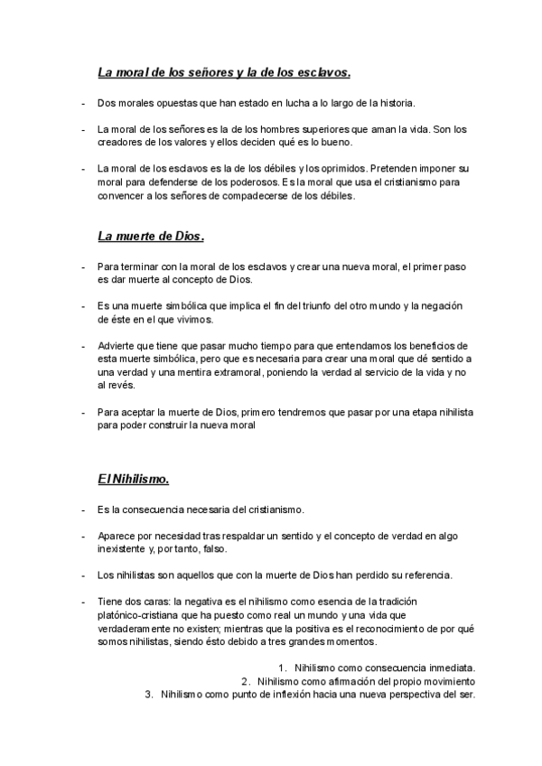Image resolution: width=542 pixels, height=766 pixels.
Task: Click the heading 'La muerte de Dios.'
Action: [x=151, y=237]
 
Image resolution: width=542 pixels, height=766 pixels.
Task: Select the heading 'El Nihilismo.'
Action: [x=134, y=478]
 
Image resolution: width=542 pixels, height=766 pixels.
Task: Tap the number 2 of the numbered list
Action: [x=245, y=681]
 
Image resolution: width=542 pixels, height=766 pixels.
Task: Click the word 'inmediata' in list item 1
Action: [x=445, y=668]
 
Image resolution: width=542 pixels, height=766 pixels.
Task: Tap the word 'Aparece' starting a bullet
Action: [x=117, y=537]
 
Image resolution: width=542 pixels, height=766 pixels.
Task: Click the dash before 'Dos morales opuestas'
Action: [x=83, y=104]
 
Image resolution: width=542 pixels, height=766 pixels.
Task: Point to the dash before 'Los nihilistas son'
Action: [x=83, y=575]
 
